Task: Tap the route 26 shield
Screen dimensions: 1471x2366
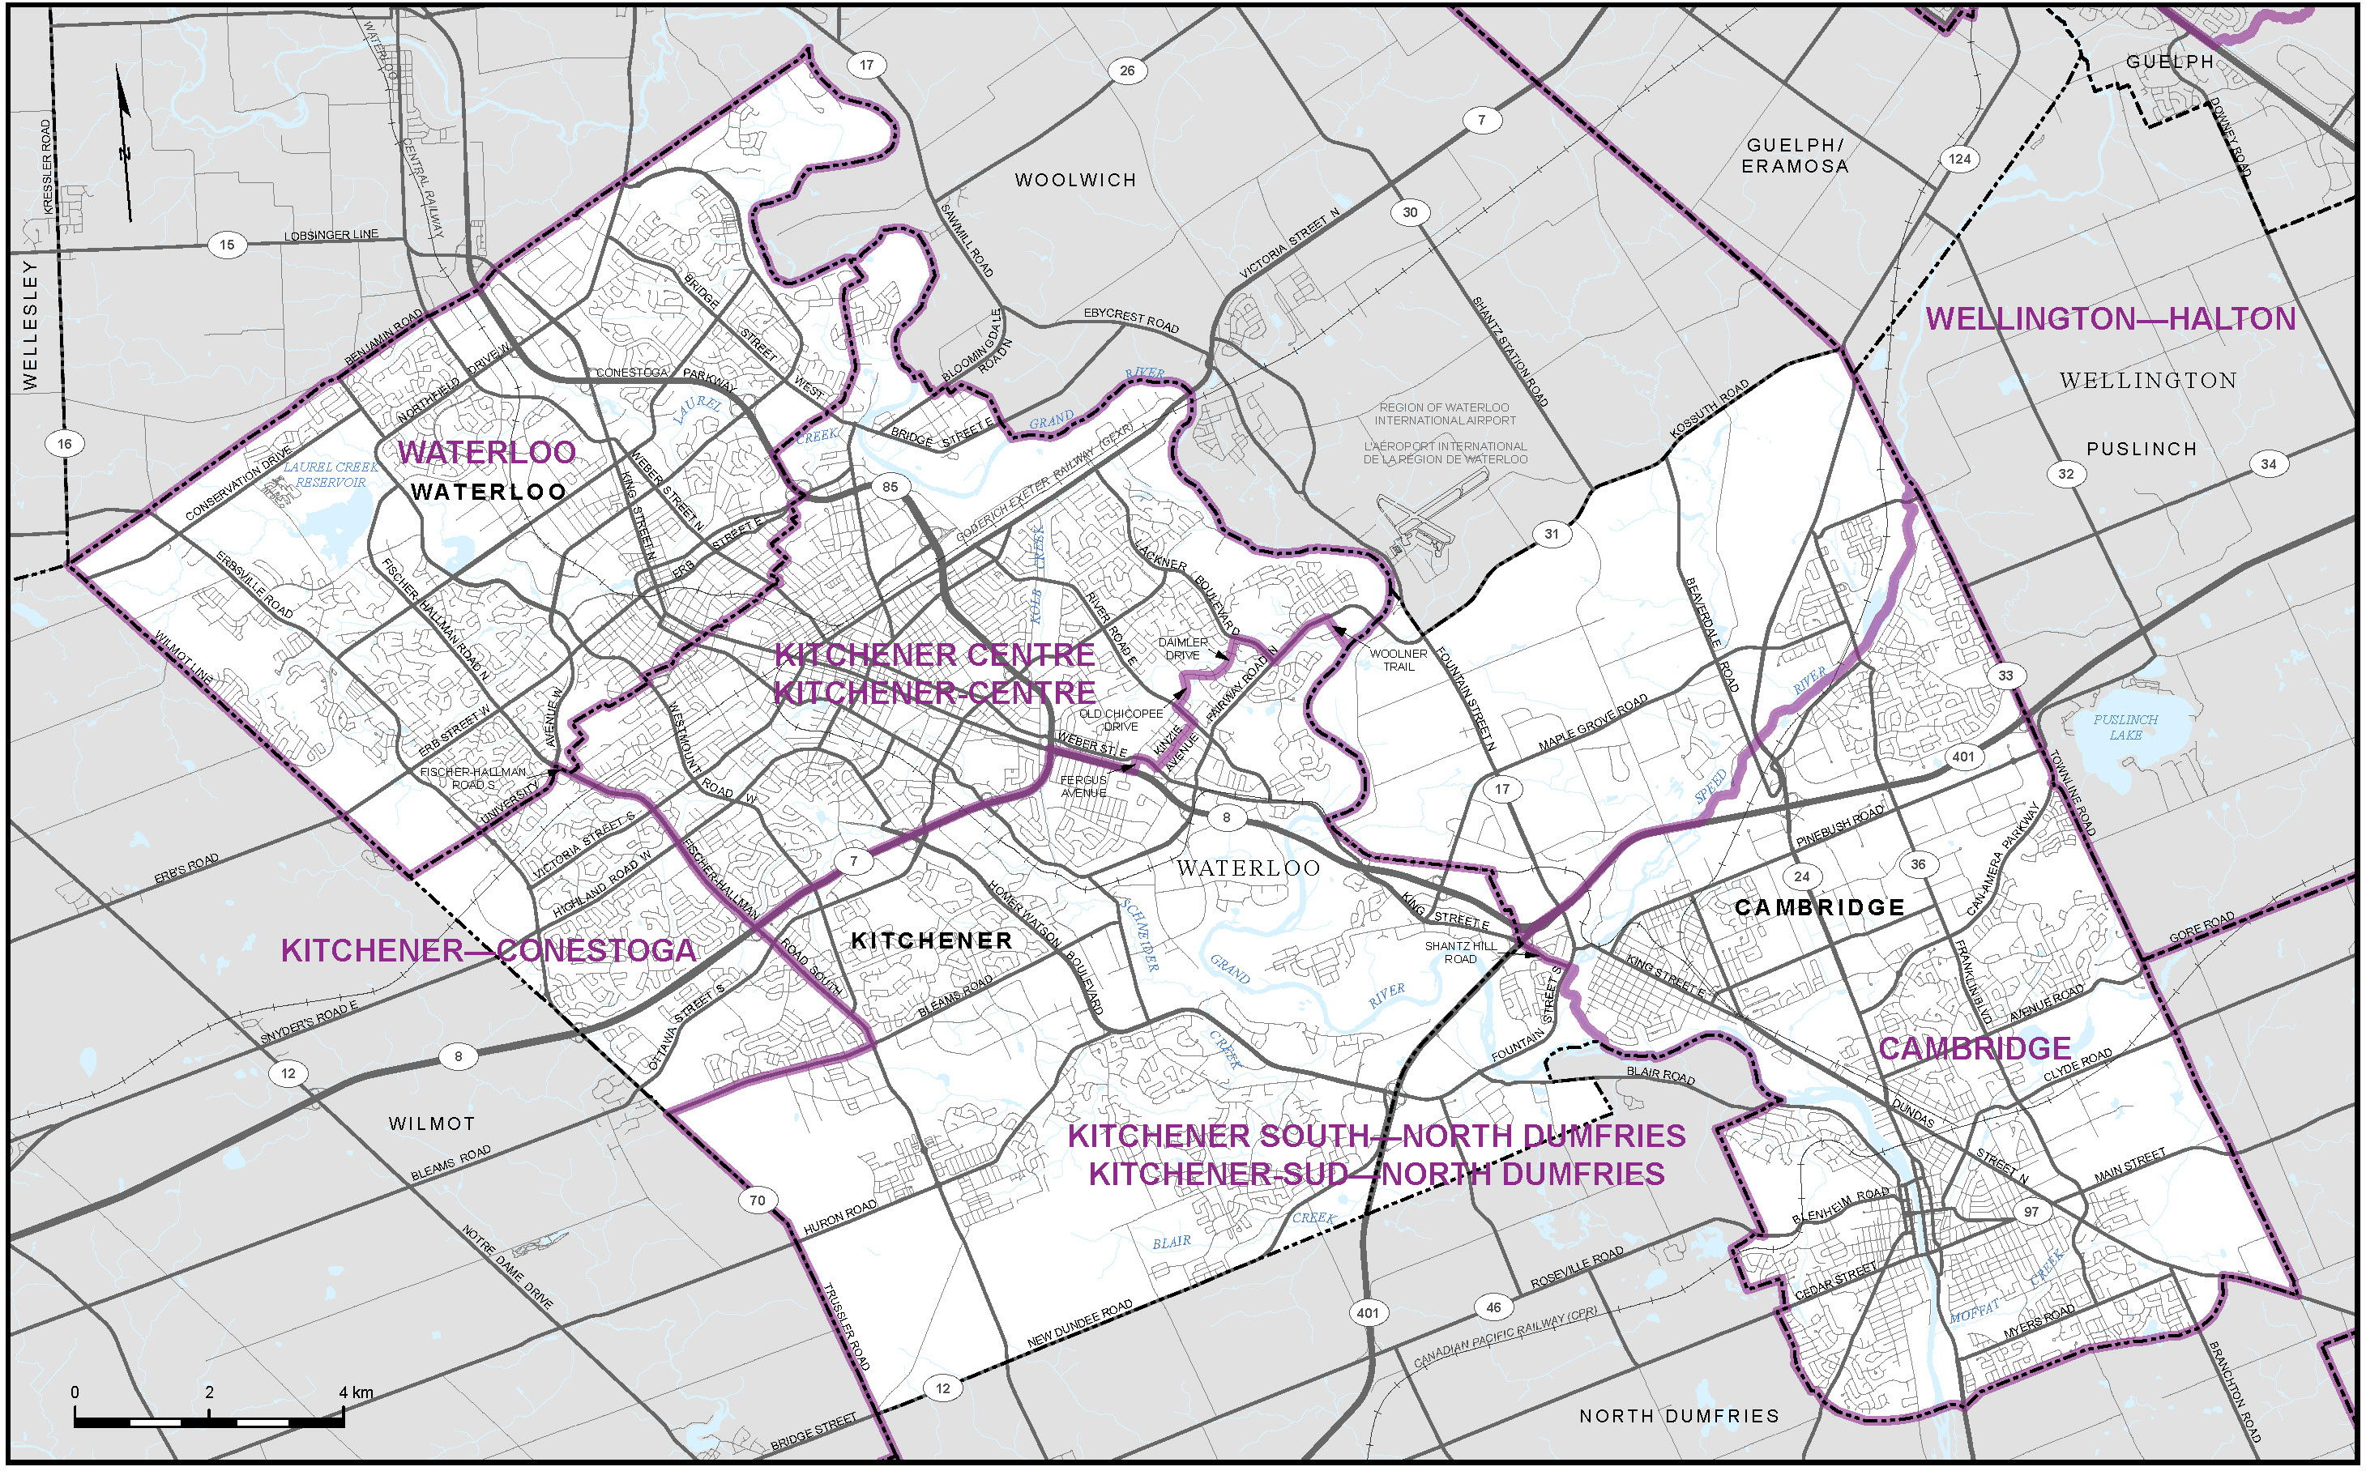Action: tap(1126, 70)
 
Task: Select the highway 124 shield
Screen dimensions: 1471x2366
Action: tap(1959, 159)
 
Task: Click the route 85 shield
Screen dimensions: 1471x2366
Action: tap(890, 487)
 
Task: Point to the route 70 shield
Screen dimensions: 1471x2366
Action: tap(757, 1200)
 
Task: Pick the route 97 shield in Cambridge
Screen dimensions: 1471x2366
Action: tap(2031, 1211)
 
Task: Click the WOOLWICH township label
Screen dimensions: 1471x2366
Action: tap(1074, 180)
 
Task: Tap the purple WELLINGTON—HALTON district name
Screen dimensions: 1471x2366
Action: tap(2111, 319)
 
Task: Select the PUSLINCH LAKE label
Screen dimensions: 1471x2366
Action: tap(2125, 727)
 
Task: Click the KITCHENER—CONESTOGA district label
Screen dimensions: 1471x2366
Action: tap(489, 950)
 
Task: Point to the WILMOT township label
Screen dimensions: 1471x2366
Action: tap(431, 1124)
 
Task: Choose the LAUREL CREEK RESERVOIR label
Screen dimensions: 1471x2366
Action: tap(331, 475)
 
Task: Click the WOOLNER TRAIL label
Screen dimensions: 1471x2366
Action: tap(1399, 659)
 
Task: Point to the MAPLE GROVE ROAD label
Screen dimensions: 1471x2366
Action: tap(1593, 722)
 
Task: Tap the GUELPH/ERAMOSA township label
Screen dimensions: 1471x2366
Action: tap(1795, 156)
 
